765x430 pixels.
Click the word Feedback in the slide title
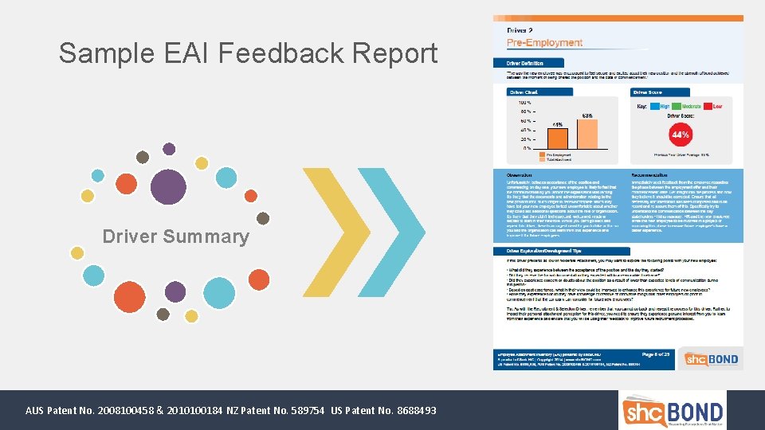click(262, 53)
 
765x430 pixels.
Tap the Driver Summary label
click(175, 236)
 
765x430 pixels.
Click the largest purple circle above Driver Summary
click(167, 187)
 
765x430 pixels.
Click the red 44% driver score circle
click(681, 135)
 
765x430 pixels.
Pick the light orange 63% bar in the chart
click(586, 133)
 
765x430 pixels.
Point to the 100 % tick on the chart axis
click(524, 102)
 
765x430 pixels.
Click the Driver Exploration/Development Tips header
click(549, 252)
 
